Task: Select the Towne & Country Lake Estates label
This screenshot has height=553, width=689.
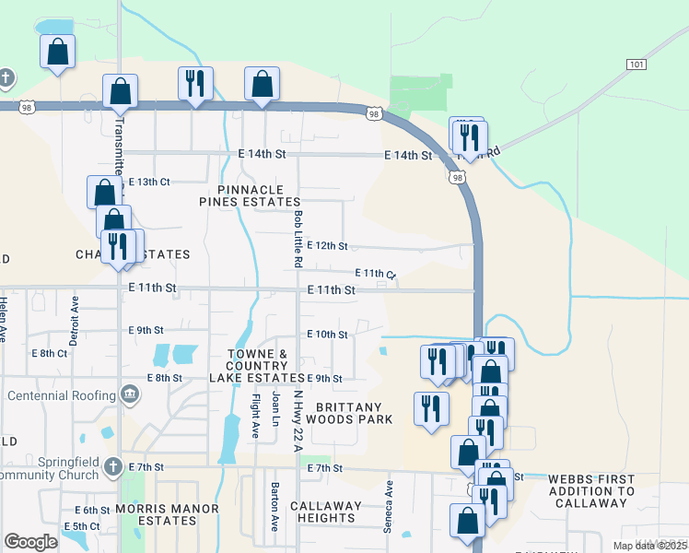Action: click(257, 366)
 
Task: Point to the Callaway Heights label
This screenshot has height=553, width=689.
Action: click(326, 512)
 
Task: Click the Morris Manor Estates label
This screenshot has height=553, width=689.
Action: click(168, 514)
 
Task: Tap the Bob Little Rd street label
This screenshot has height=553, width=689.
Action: click(298, 239)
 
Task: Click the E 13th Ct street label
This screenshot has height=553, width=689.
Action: click(149, 182)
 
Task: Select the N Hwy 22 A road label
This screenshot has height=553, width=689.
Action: click(298, 420)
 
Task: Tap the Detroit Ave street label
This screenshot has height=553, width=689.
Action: click(76, 314)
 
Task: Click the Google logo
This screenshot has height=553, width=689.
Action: click(30, 541)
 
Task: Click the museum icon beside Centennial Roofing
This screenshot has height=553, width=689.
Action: click(130, 395)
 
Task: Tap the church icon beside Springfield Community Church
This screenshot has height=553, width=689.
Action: click(113, 466)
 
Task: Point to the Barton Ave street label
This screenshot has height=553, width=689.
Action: click(274, 506)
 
